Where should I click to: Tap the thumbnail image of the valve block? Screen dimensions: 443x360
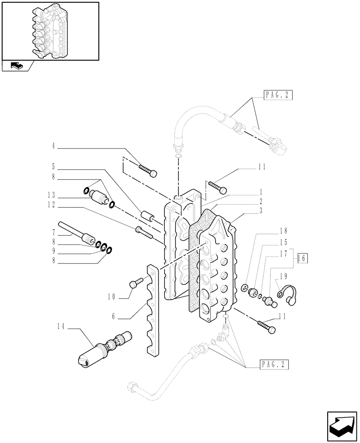click(x=50, y=31)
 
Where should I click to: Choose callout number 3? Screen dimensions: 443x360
click(x=261, y=211)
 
